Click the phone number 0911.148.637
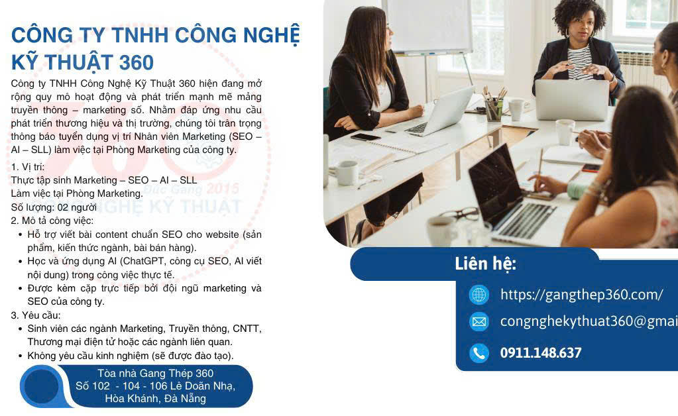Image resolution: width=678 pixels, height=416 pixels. coord(540,353)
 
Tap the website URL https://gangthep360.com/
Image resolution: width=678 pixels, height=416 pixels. coord(581,295)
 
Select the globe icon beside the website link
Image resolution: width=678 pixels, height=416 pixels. coord(479,294)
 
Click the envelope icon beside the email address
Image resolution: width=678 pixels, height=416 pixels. coord(479,322)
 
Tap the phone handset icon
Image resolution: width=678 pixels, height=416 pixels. coord(479,353)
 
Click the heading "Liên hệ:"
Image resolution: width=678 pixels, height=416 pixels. coord(485,264)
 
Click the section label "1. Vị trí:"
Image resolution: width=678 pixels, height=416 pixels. coord(28,167)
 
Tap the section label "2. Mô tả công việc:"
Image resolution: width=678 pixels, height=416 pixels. coord(52,220)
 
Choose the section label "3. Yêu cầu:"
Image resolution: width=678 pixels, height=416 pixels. coord(36,315)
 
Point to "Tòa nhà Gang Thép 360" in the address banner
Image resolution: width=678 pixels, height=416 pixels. coord(155,373)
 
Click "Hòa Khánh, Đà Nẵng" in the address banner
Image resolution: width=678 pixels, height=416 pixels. coord(155,398)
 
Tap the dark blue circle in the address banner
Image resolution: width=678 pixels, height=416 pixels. coord(42,386)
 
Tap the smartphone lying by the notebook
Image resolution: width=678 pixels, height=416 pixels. coord(365,137)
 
